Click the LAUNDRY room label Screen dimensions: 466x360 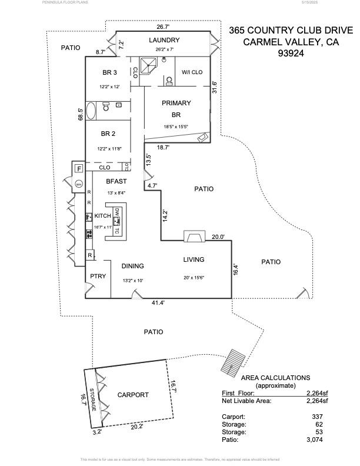164,40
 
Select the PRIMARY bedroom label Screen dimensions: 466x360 176,103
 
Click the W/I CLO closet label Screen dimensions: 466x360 192,72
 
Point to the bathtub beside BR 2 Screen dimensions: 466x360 92,111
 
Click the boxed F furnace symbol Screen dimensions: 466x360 79,169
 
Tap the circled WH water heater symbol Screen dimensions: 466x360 79,184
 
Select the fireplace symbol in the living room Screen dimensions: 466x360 192,237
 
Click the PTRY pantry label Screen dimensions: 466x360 98,276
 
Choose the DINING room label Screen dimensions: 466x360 133,267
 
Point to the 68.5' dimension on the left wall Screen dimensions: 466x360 81,115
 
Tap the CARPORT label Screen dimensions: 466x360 133,395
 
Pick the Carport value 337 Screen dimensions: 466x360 318,416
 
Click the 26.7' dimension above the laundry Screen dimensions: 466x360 163,27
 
